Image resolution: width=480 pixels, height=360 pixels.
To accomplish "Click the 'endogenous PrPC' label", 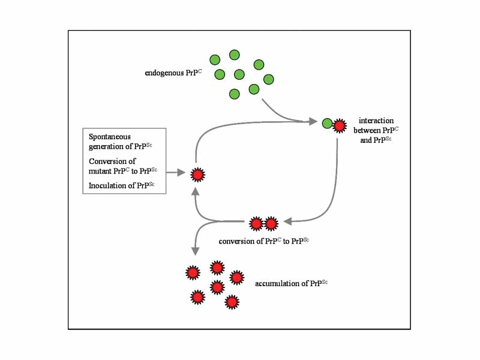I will click(173, 73).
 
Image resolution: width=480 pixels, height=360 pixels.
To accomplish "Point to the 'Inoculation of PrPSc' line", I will click(121, 185).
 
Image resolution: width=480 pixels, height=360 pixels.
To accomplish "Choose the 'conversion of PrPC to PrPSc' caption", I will click(264, 240).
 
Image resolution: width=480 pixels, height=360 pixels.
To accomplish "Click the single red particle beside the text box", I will click(197, 175).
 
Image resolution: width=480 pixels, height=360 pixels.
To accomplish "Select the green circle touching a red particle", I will click(327, 124).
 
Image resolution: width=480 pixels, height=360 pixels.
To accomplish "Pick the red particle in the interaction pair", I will click(340, 125).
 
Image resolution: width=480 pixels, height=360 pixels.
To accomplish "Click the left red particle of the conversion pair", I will click(256, 224).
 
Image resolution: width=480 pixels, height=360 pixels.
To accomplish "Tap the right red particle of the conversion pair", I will click(271, 224).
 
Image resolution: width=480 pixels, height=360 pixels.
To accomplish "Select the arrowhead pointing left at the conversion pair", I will click(287, 221).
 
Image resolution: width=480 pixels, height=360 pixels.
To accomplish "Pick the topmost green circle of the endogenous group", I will click(235, 55).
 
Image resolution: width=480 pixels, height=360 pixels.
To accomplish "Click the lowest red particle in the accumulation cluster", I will click(232, 302).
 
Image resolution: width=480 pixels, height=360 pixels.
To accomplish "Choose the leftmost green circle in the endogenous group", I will click(215, 59).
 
